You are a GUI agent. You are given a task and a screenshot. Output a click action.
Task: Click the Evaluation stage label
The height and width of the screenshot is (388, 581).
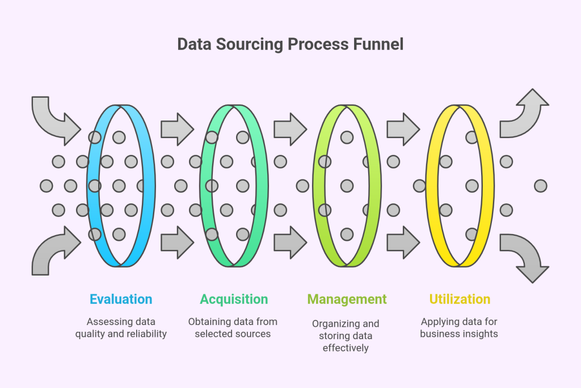click(121, 299)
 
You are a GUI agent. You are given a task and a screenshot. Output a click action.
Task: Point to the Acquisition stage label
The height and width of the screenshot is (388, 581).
click(234, 299)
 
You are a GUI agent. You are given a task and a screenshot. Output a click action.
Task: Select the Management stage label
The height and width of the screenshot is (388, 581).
click(347, 299)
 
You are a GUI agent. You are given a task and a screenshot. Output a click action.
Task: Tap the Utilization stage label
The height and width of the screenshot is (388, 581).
click(460, 299)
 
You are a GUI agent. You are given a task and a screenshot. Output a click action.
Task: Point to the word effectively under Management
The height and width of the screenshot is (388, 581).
click(346, 347)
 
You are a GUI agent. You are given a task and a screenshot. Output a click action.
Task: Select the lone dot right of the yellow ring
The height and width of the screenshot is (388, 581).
click(540, 186)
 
